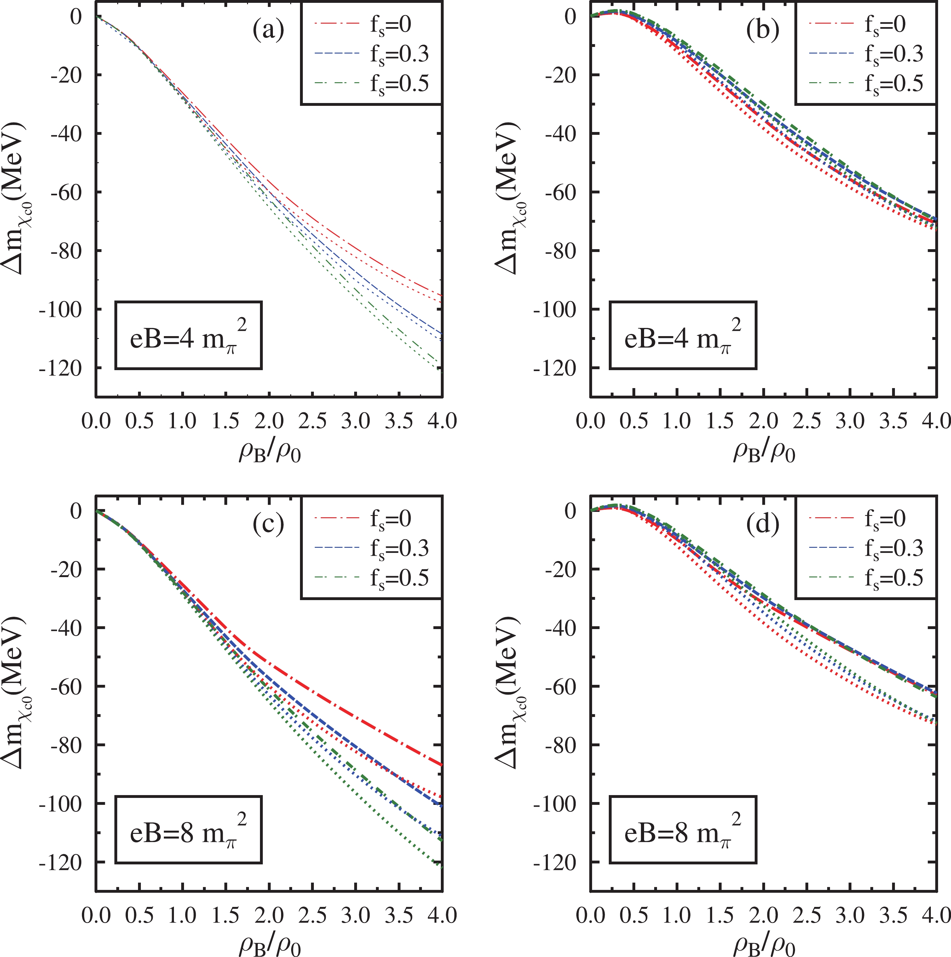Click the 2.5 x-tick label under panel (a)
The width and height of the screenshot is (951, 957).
[x=312, y=421]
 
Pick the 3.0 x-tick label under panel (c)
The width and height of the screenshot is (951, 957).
[x=356, y=915]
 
